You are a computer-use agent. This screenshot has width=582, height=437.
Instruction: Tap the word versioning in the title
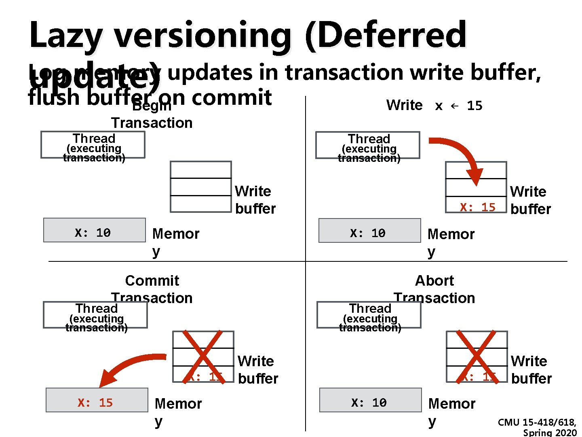click(202, 36)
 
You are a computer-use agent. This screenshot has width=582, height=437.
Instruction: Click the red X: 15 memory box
click(97, 400)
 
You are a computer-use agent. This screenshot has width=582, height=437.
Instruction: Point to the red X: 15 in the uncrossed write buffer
click(477, 207)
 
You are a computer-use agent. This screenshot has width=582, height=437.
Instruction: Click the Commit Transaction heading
click(152, 289)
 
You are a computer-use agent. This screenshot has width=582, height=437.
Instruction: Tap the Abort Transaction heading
click(434, 289)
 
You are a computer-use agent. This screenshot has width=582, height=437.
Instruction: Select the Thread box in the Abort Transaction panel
click(369, 315)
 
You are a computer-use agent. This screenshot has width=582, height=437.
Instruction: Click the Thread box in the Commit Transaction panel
click(95, 315)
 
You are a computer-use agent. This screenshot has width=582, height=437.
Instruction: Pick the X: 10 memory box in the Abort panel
click(370, 400)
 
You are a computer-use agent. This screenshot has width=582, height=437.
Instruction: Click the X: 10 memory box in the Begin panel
click(94, 230)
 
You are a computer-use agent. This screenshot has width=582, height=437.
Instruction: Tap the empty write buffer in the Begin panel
click(201, 187)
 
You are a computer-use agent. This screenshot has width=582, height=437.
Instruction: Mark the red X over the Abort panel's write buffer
click(477, 356)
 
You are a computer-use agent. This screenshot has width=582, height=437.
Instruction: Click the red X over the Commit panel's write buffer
click(203, 356)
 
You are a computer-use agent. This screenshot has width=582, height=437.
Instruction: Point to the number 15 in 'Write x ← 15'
click(474, 106)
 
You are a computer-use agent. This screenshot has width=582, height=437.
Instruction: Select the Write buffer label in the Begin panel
click(255, 200)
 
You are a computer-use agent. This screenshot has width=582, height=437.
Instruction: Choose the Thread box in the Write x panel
click(368, 145)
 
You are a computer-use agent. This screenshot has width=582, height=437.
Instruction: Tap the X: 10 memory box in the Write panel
click(369, 231)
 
